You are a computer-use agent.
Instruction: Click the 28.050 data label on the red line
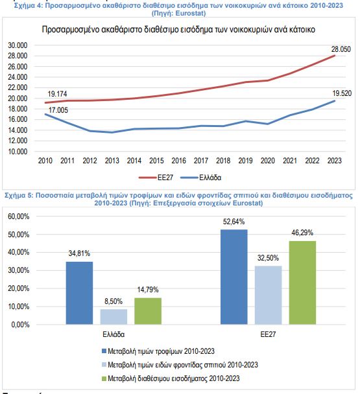coord(341,49)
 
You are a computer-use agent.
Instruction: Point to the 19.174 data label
coord(57,94)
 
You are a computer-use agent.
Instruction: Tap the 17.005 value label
coord(58,110)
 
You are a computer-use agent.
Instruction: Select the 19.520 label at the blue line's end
coord(342,93)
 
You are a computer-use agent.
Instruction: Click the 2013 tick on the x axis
coord(112,161)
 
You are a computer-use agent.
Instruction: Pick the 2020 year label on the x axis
coord(268,161)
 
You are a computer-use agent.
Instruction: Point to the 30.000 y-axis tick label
coord(18,45)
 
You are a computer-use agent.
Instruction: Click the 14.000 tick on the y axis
coord(18,130)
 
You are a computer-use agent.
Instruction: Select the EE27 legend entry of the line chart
coord(156,178)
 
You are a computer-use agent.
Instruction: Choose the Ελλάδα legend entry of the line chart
coord(200,178)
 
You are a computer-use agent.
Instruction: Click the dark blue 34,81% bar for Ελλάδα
coord(79,293)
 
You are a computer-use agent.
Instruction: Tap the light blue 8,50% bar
coord(114,317)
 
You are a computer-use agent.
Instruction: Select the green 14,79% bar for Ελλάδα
coord(148,311)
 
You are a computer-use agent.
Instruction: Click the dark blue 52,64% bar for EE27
coord(234,277)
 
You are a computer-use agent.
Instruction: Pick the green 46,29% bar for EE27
coord(303,283)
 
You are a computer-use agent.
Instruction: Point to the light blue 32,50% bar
coord(268,295)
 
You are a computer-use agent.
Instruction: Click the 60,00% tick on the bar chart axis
coord(19,216)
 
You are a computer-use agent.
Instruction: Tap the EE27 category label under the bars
coord(268,334)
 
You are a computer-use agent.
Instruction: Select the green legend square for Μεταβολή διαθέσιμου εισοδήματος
coord(104,378)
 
